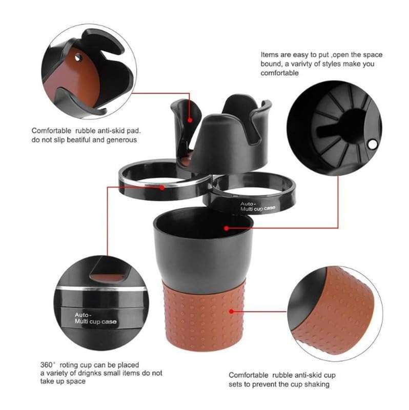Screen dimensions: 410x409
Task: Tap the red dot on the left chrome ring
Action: [162, 188]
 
